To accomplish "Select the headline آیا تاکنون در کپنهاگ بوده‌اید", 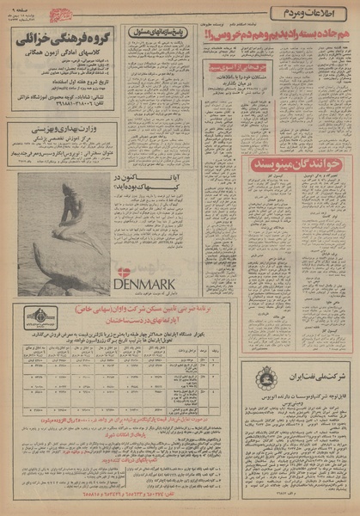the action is [x=143, y=184].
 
